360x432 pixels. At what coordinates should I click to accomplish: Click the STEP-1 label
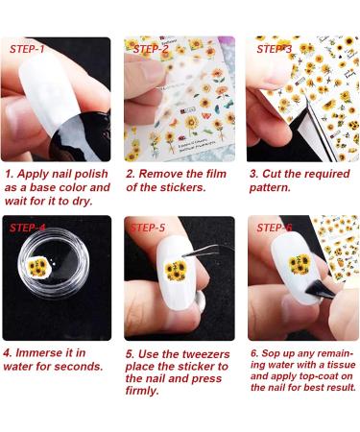28,48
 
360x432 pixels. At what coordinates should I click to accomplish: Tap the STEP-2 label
151,48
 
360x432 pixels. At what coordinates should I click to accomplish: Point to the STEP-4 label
28,228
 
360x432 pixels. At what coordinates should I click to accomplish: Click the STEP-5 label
150,228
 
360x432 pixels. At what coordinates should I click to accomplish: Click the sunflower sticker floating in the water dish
39,266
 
